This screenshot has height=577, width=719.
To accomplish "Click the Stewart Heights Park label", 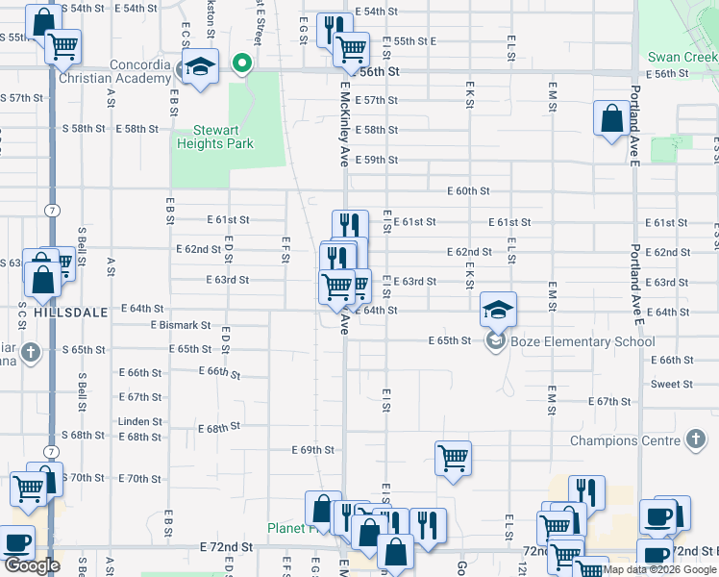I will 215,137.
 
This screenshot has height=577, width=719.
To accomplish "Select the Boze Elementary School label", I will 583,341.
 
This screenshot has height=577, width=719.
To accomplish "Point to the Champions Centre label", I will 625,441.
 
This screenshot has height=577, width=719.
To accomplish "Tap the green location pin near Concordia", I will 241,65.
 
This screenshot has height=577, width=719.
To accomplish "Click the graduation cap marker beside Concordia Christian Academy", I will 200,68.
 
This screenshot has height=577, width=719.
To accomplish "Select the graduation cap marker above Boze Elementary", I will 498,310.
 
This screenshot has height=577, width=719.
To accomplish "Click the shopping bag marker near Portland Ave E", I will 612,119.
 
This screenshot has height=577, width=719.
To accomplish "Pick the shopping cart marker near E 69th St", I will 453,458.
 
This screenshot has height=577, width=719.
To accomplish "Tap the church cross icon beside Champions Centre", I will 696,440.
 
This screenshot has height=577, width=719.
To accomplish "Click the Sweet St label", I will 672,384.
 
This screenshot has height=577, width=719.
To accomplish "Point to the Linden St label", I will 134,421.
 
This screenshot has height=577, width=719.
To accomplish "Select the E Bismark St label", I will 180,326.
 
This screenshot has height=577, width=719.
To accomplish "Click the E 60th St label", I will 468,191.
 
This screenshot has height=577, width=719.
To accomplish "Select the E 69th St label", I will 312,449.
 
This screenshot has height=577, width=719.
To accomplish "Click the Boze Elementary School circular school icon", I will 495,341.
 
